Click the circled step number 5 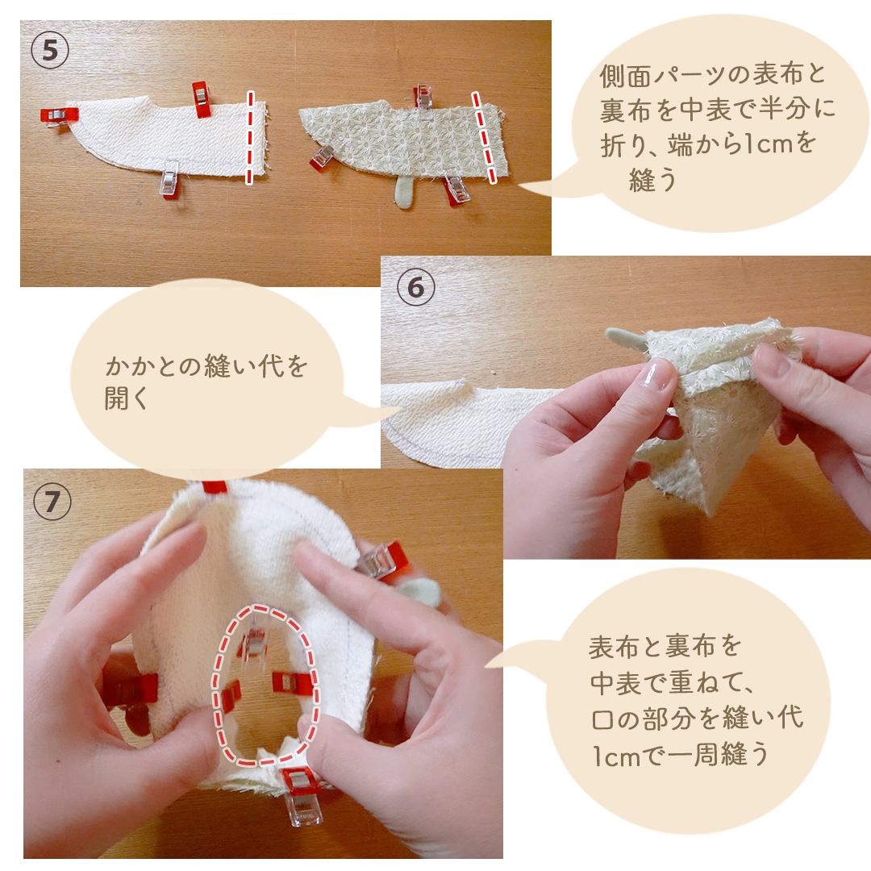point(50,51)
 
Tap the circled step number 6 point(416,288)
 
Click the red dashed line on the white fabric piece point(249,137)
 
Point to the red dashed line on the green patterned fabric point(484,137)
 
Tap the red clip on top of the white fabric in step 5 point(200,99)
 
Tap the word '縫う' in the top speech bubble point(653,180)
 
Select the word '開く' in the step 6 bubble point(126,398)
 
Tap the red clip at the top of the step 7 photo point(215,487)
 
